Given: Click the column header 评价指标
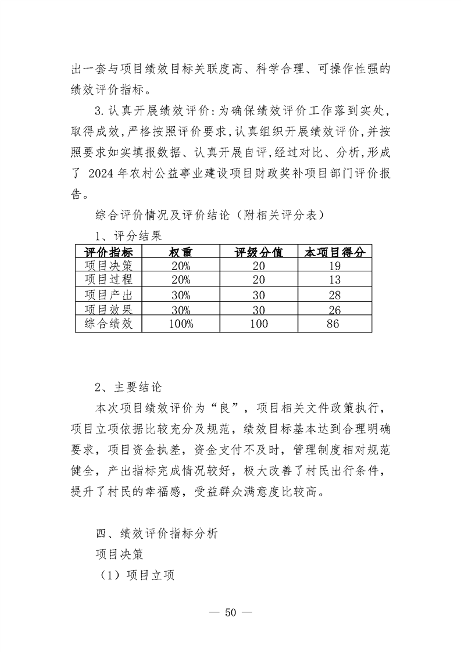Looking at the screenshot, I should (109, 252).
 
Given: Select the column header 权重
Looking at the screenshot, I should (180, 252).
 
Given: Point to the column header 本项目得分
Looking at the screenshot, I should (335, 252).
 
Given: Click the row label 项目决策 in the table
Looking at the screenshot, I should (109, 266).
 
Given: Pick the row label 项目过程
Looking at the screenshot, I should (109, 280).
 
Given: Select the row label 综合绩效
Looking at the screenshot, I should (109, 324).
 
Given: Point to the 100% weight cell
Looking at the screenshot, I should (180, 324).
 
